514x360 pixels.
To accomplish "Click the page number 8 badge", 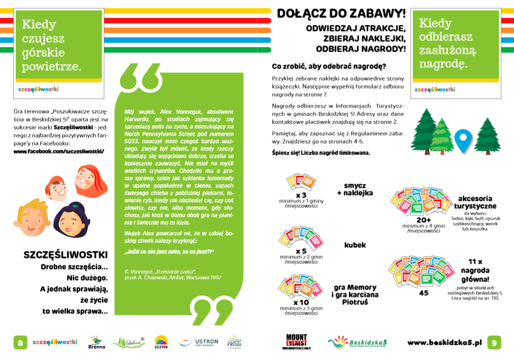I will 20,342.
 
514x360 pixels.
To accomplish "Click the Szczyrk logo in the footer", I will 161,342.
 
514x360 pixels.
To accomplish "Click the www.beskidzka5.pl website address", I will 445,342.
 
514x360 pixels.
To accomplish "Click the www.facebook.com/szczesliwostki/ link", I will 59,151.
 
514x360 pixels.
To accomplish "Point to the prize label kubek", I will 355,245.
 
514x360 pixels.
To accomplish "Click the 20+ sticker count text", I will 423,219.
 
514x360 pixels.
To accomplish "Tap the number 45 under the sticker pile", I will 423,293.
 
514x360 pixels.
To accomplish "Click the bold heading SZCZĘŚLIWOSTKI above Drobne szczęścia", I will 66,255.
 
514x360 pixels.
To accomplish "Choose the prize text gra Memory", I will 355,288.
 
